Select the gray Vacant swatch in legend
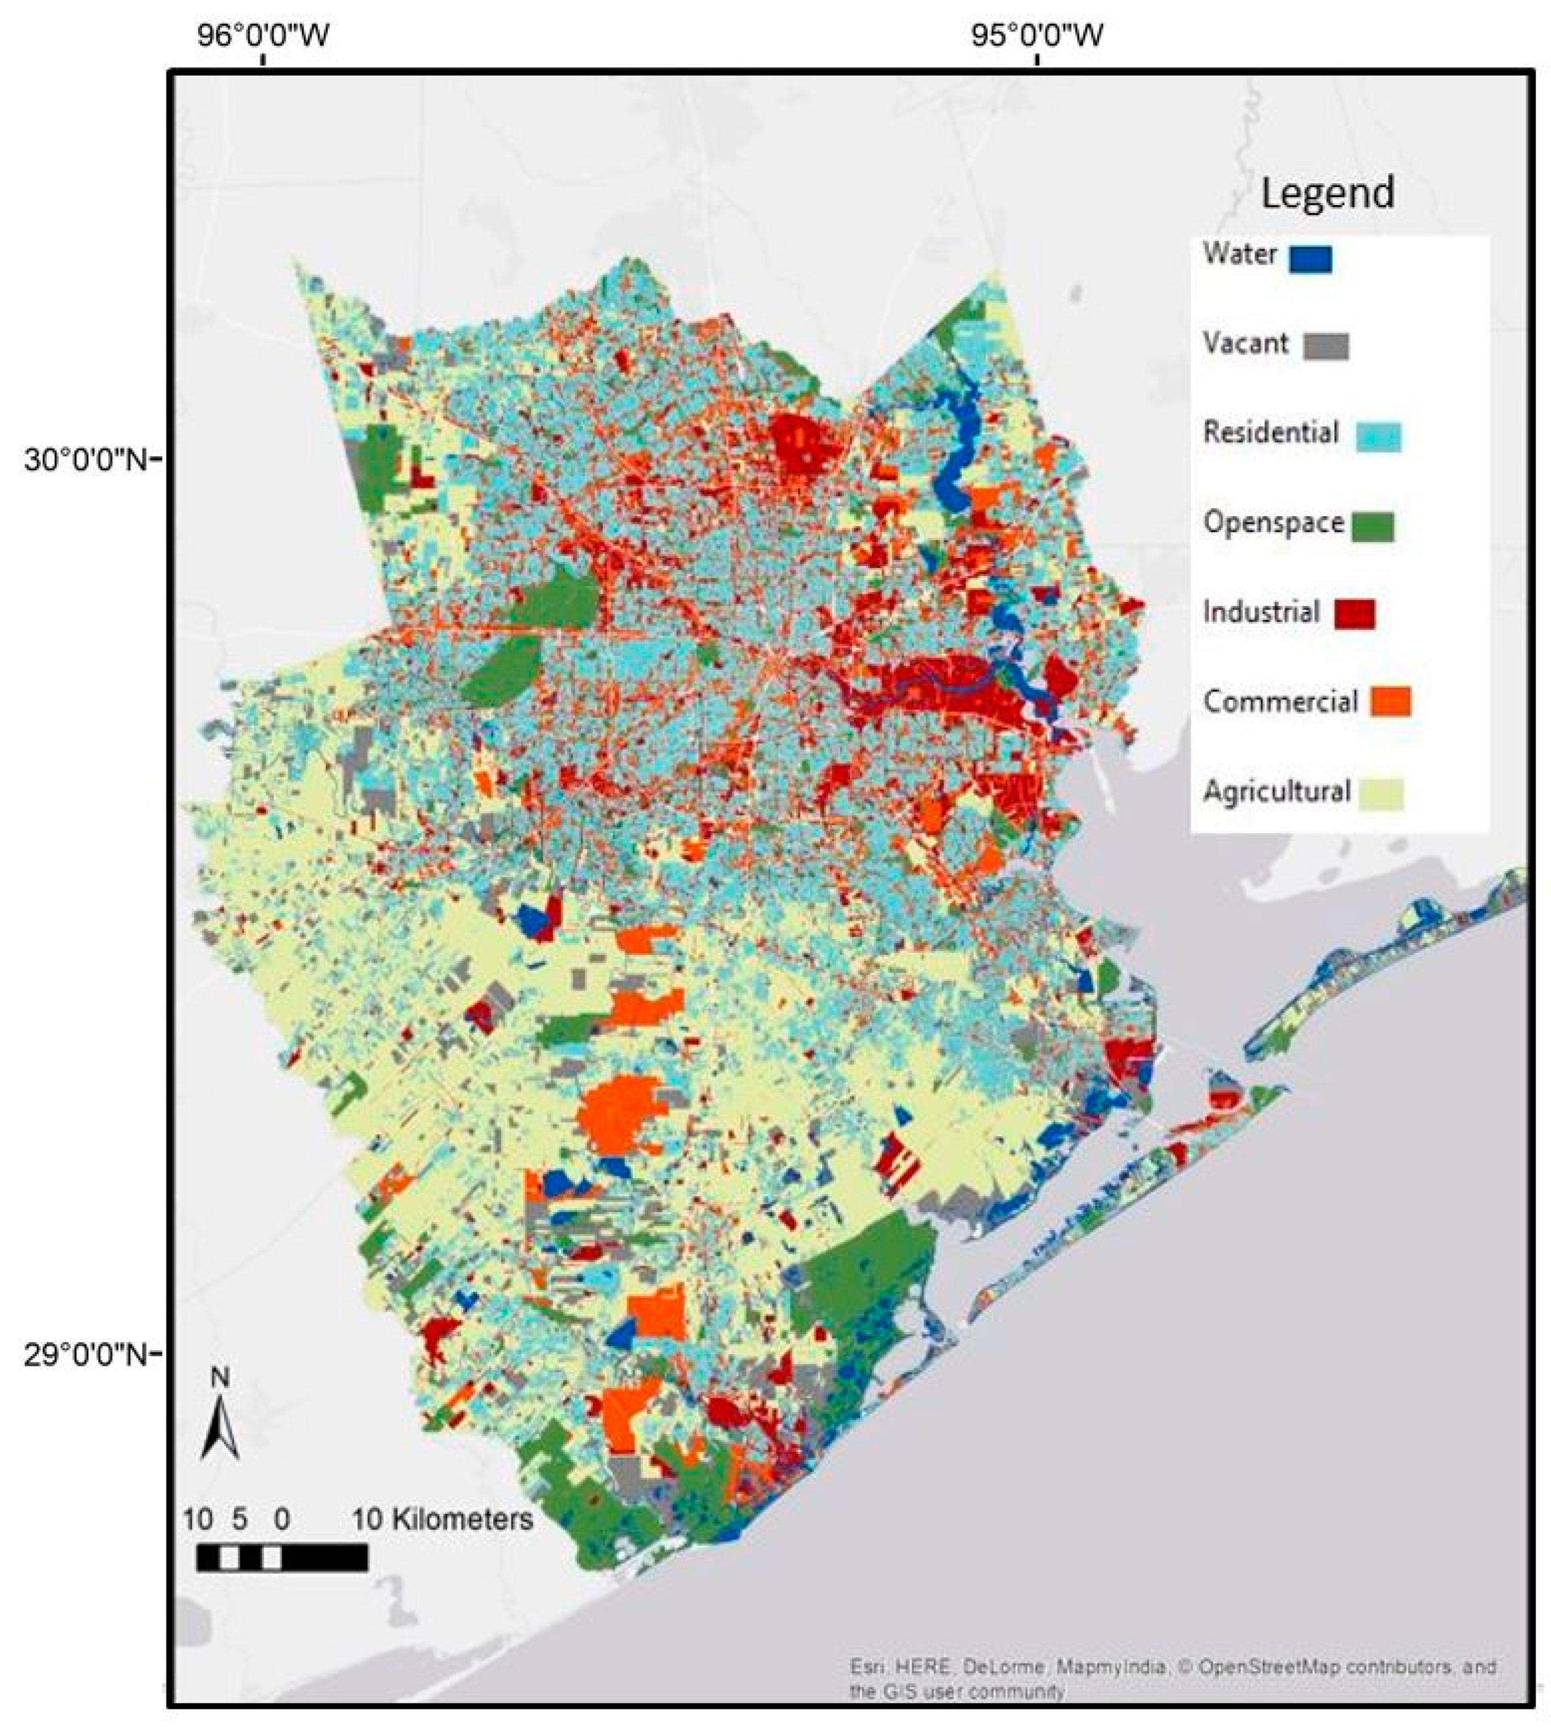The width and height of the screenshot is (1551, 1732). tap(1326, 346)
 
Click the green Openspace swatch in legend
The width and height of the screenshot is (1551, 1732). tap(1372, 526)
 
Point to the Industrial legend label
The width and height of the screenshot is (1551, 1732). tap(1261, 611)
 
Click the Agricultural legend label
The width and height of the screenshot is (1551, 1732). tap(1276, 791)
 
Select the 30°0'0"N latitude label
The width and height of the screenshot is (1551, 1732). tap(85, 460)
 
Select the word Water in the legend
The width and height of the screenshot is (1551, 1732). tap(1239, 253)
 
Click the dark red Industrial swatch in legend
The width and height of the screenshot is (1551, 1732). tap(1354, 613)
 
